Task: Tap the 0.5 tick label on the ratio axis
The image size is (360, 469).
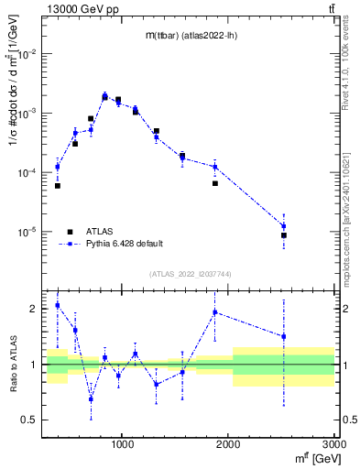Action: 30,420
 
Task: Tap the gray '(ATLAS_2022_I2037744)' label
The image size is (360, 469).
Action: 190,273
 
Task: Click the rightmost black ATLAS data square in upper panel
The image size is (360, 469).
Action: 284,235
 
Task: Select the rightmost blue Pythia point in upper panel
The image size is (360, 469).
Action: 284,226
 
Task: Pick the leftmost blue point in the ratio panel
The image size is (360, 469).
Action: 57,305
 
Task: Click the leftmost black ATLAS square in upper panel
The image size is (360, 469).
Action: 57,186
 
